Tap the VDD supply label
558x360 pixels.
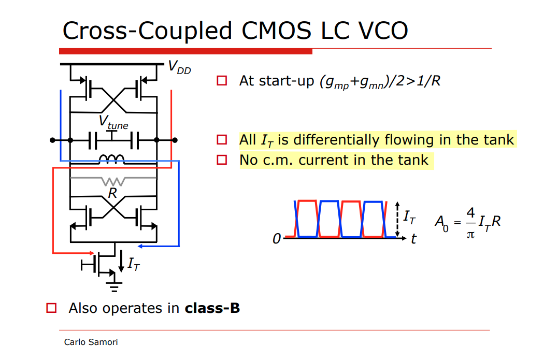[x=179, y=67]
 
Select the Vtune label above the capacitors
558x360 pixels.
[x=113, y=123]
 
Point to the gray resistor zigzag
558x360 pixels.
[x=113, y=181]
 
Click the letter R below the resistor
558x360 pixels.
[x=112, y=193]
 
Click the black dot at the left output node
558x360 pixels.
[x=52, y=140]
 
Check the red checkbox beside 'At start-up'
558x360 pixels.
[x=222, y=81]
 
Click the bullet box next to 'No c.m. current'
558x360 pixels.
[x=222, y=160]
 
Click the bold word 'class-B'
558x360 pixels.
[x=212, y=308]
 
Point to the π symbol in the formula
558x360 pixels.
[x=470, y=234]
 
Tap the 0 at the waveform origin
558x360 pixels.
[x=277, y=239]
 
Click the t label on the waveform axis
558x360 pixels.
[x=413, y=239]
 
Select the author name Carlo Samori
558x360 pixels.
[x=91, y=342]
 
